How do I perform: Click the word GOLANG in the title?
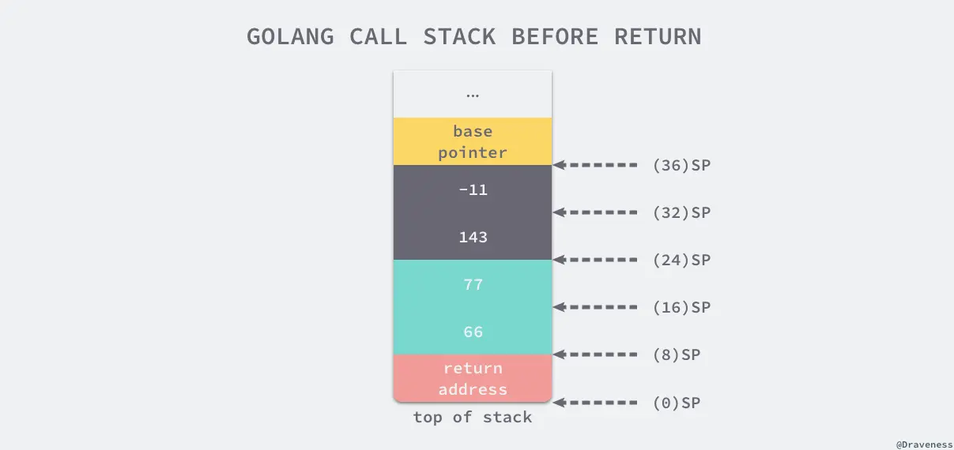(x=290, y=37)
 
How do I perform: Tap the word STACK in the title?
(x=459, y=37)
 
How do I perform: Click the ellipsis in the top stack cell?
(x=473, y=95)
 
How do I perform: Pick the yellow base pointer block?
(x=473, y=141)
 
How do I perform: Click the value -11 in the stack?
(x=473, y=189)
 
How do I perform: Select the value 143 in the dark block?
(x=473, y=237)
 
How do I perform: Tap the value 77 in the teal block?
(x=473, y=284)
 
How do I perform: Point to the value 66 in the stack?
(x=473, y=332)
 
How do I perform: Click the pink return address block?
(x=473, y=378)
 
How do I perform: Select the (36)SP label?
(x=681, y=166)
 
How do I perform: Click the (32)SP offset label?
(x=681, y=213)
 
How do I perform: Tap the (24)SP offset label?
(x=681, y=261)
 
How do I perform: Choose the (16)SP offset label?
(x=681, y=308)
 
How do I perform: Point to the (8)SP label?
(x=677, y=355)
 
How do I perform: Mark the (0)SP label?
(x=677, y=403)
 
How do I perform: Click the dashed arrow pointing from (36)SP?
(x=596, y=165)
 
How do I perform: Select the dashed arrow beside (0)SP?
(x=596, y=403)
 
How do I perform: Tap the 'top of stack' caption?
(x=473, y=418)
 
